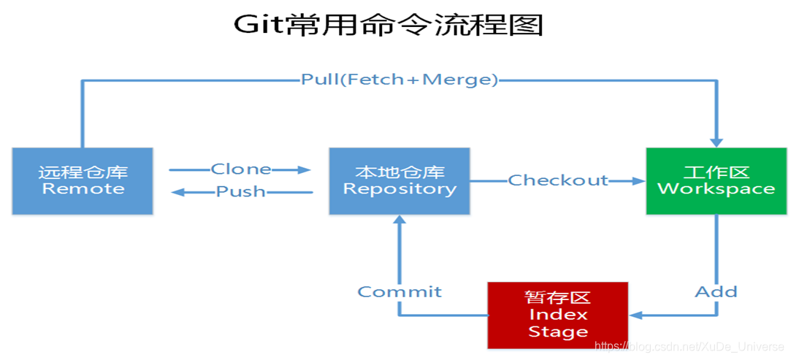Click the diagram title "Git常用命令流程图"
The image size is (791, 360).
[389, 25]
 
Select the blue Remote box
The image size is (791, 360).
[83, 181]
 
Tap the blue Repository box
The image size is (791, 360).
[400, 181]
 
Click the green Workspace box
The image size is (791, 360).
[716, 181]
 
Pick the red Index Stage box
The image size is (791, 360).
[558, 315]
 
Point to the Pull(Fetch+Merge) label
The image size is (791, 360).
[400, 80]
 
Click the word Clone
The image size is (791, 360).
[241, 169]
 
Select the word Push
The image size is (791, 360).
[241, 192]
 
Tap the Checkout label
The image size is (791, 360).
[558, 180]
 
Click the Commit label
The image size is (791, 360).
[400, 292]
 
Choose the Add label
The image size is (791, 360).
[716, 292]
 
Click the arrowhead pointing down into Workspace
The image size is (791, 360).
[717, 141]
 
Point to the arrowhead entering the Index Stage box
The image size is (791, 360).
[636, 315]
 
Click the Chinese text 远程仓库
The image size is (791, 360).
[83, 172]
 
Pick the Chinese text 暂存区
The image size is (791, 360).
[558, 298]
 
